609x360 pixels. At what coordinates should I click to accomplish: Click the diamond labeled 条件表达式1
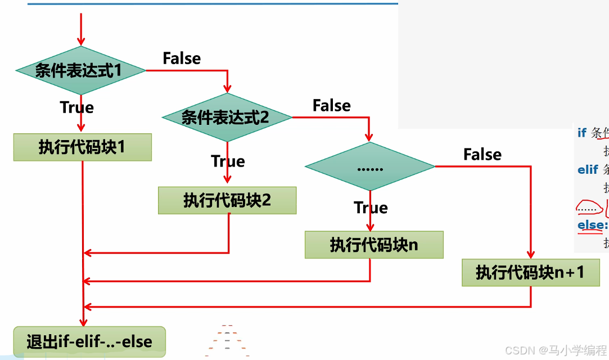pos(80,70)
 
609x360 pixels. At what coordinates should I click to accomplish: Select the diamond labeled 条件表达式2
pos(227,117)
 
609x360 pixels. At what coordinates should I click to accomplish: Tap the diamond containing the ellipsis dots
pos(370,166)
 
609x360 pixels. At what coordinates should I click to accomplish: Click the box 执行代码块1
pos(83,147)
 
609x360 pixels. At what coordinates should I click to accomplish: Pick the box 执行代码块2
pos(227,200)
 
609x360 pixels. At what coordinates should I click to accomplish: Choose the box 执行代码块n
pos(374,245)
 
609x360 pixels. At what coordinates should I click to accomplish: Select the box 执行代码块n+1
pos(530,272)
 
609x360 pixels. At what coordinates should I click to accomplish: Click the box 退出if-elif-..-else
pos(89,341)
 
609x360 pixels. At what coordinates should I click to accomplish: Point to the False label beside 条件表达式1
pos(182,58)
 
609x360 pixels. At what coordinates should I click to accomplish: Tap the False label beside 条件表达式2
pos(331,106)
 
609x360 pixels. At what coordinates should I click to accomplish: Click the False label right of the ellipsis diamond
pos(482,155)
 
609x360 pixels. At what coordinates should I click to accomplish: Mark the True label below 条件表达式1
pos(76,107)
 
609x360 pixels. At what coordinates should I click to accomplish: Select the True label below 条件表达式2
pos(228,161)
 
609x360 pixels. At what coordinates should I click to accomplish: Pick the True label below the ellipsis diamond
pos(371,208)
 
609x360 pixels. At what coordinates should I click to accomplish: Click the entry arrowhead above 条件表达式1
pos(81,41)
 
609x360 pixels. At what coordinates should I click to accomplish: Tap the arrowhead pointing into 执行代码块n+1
pos(530,254)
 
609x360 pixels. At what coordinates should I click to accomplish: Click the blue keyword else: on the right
pos(592,225)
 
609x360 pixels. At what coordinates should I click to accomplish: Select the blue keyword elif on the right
pos(588,169)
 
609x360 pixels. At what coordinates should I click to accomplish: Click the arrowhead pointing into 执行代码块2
pos(227,179)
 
